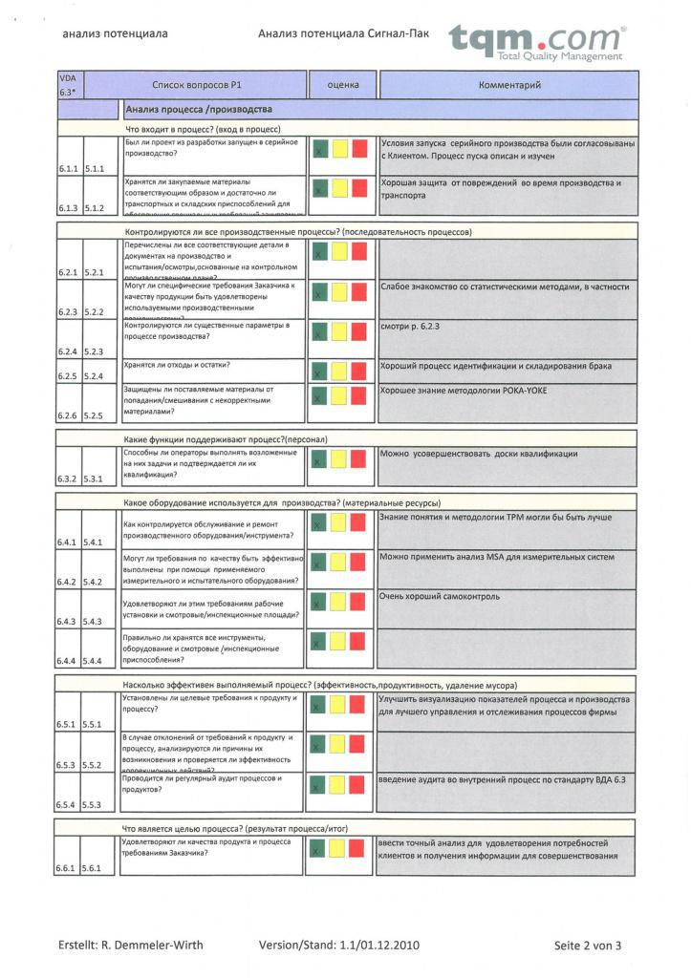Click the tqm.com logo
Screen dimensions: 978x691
coord(537,42)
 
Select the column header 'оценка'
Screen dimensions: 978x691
coord(343,85)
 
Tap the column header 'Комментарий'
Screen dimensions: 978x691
coord(509,85)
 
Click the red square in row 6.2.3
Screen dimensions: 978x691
coord(358,291)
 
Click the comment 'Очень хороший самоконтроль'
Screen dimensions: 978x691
coord(440,597)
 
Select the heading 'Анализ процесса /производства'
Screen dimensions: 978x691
coord(199,110)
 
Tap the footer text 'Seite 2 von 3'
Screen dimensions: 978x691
coord(588,946)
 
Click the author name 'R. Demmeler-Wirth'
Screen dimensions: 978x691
coord(158,946)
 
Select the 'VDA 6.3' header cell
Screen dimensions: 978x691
coord(70,85)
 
